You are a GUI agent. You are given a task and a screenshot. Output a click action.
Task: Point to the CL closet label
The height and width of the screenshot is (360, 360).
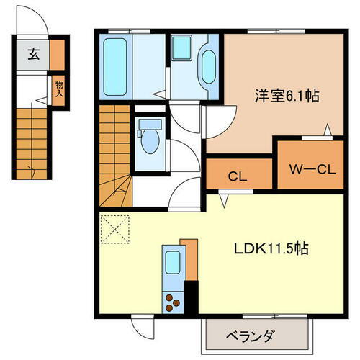239,175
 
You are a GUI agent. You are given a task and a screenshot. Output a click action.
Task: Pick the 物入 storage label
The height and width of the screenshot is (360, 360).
59,88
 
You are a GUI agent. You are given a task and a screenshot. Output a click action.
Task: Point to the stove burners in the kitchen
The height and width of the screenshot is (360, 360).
173,301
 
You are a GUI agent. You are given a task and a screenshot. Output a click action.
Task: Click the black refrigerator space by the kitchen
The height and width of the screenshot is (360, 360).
191,296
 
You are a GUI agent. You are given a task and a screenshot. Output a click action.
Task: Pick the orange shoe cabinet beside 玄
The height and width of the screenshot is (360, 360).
57,54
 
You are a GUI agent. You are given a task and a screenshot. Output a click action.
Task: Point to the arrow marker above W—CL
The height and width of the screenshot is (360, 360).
328,130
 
